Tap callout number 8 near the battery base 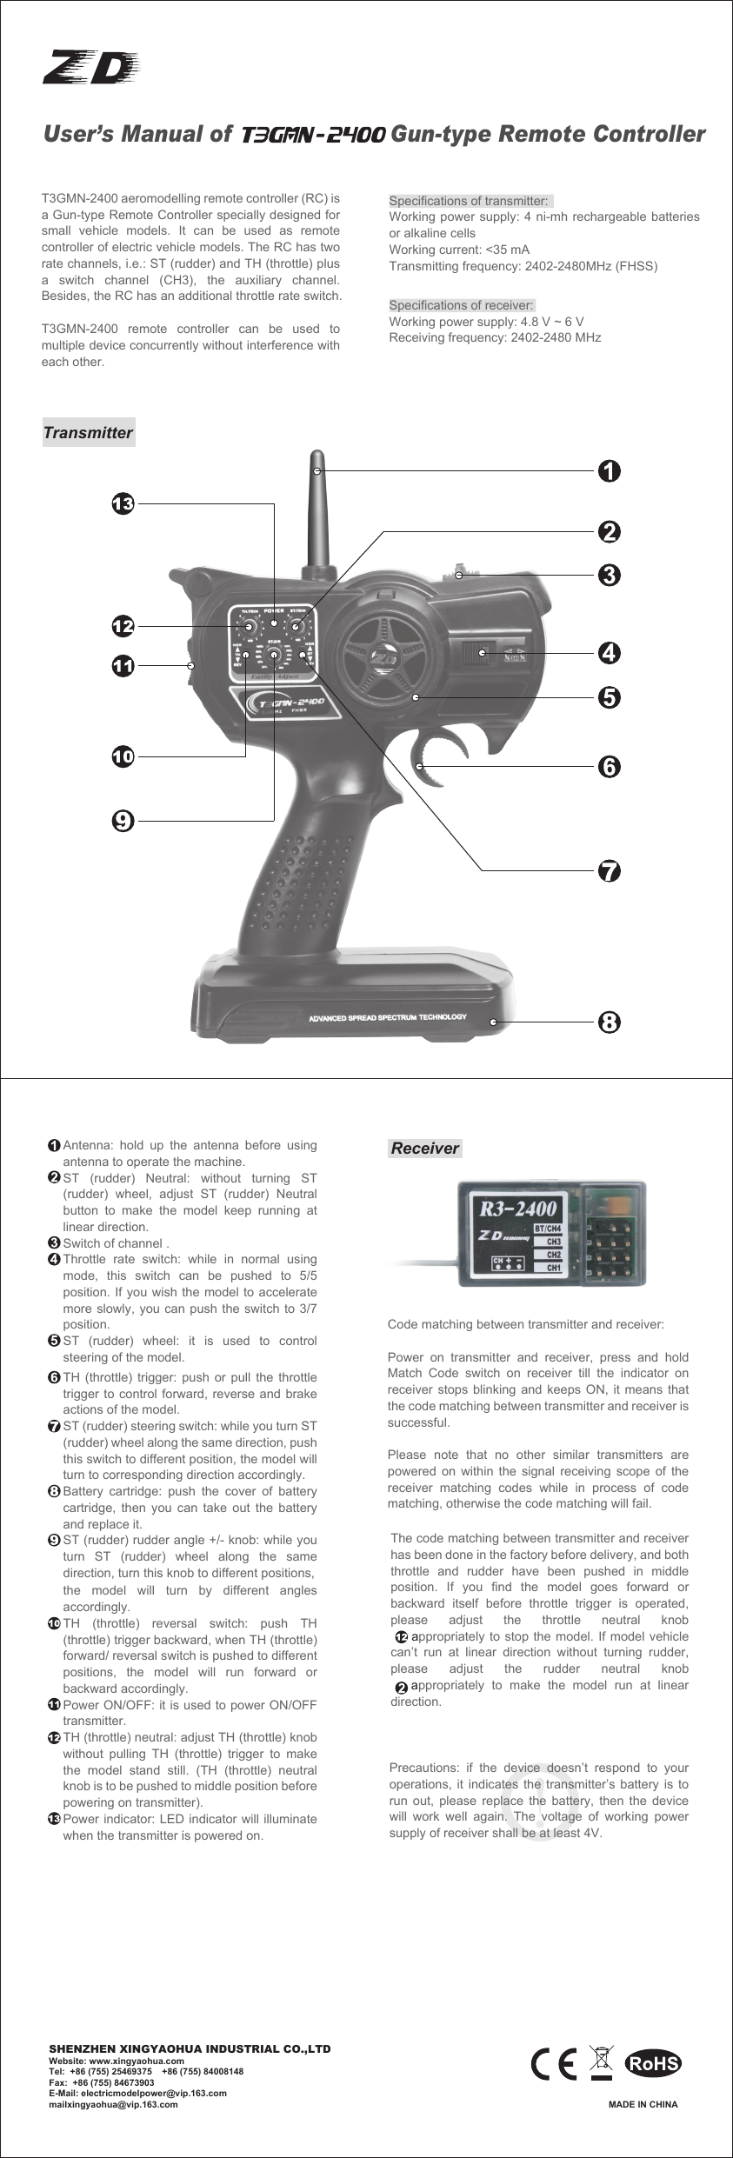pos(610,1022)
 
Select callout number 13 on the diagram pos(123,503)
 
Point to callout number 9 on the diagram pos(123,818)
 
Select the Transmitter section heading pos(88,433)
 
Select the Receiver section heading pos(424,1149)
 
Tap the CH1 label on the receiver pos(553,1269)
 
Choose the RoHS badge pos(655,2064)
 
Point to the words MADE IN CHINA pos(643,2105)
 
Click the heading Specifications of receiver pos(461,305)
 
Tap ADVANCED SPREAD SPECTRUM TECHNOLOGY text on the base pos(388,1017)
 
